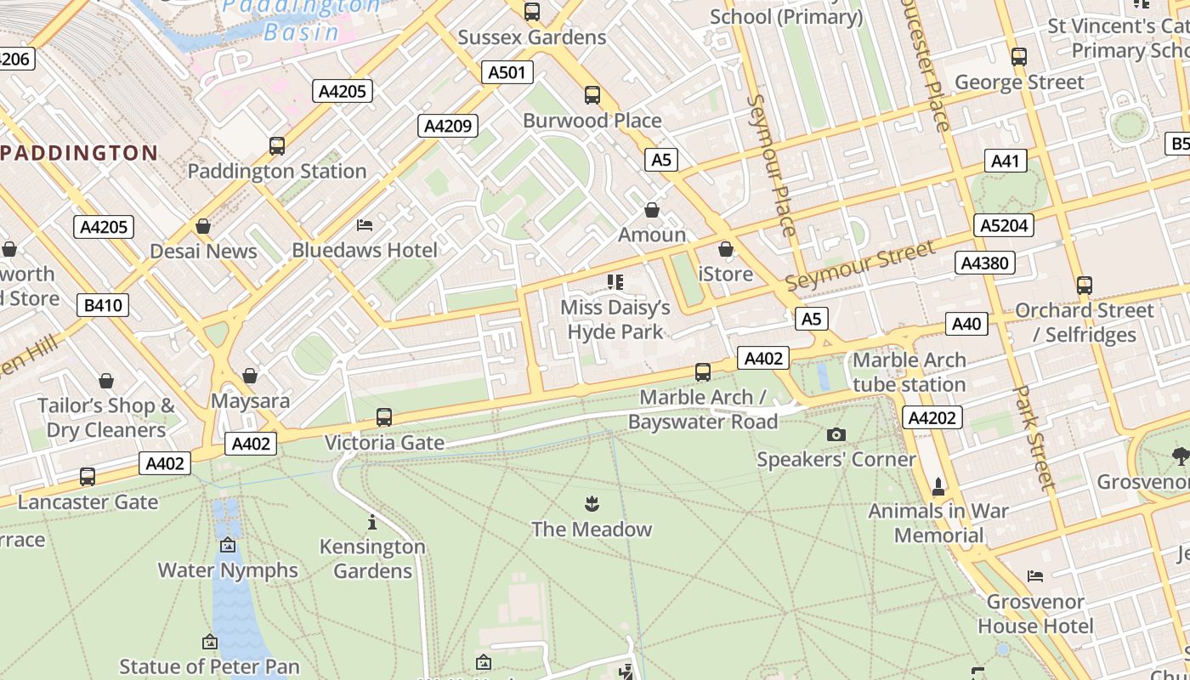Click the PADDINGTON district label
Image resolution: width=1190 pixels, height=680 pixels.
point(79,153)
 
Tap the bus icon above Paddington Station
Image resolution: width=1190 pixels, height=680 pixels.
point(277,145)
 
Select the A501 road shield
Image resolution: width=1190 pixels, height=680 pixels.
point(507,72)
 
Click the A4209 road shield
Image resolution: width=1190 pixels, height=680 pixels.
point(448,126)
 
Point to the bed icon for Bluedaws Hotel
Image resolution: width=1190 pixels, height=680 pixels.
point(365,225)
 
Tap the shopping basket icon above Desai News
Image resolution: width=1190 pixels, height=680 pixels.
point(203,226)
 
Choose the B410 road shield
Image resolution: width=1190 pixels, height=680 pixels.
point(103,304)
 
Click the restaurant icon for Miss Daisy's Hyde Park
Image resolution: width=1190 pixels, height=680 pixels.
point(615,282)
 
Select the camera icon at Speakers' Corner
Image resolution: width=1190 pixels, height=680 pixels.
point(836,435)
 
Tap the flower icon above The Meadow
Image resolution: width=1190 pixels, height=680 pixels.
point(592,504)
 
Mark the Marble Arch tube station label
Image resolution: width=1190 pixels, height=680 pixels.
point(909,372)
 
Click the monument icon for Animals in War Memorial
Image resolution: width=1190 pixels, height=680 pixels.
point(938,486)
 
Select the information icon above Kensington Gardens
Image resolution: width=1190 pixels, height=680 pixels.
point(372,522)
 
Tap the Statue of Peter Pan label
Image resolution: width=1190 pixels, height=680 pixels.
point(209,666)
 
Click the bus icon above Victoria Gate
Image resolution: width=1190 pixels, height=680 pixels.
point(384,417)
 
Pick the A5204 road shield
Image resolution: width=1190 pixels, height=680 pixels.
point(1004,225)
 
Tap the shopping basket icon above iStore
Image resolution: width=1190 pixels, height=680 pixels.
point(725,249)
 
